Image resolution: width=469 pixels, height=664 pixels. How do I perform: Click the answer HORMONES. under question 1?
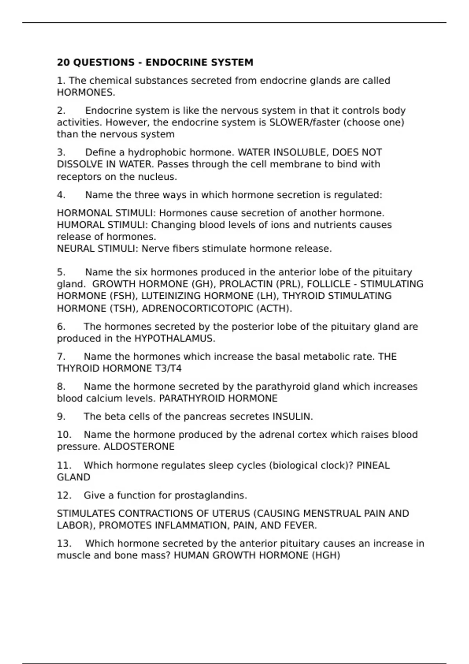pyautogui.click(x=86, y=93)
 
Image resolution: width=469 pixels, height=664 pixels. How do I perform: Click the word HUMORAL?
pyautogui.click(x=81, y=225)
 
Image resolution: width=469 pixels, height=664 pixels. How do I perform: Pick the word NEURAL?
pyautogui.click(x=77, y=249)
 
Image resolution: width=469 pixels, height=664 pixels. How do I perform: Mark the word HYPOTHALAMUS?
pyautogui.click(x=175, y=339)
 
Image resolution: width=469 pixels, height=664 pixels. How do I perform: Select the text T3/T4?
pyautogui.click(x=168, y=369)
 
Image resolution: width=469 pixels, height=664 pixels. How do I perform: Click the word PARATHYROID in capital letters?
pyautogui.click(x=192, y=398)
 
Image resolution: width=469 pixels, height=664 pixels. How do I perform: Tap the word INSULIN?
pyautogui.click(x=292, y=417)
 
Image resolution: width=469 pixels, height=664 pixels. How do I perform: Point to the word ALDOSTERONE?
pyautogui.click(x=139, y=446)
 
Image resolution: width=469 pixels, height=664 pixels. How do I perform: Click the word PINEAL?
pyautogui.click(x=373, y=466)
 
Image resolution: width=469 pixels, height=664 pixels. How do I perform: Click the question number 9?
pyautogui.click(x=61, y=417)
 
